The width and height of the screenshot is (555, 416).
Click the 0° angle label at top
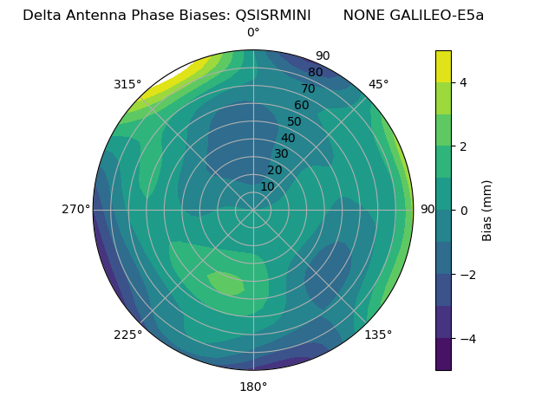coord(253,33)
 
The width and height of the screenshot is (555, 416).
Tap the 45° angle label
coord(378,84)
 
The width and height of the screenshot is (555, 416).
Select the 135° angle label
coord(378,335)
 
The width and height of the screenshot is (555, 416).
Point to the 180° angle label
coord(253,387)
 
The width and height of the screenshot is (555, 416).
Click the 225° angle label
coord(127,335)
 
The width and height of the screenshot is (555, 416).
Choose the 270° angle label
coord(76,209)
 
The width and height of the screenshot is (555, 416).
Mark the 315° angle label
coord(127,84)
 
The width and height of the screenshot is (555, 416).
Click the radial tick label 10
coord(267,186)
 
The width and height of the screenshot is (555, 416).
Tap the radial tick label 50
coord(294,122)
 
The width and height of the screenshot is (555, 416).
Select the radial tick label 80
coord(315,73)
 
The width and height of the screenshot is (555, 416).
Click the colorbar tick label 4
coord(464,82)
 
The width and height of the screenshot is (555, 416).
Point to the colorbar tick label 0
coord(464,210)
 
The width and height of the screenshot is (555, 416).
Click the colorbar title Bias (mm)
coord(487,210)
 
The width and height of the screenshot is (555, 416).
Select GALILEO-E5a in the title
coord(439,16)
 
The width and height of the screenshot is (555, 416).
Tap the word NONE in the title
coord(365,16)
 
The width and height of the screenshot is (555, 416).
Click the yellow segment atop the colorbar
coord(443,66)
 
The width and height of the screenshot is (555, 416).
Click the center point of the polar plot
coord(253,210)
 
